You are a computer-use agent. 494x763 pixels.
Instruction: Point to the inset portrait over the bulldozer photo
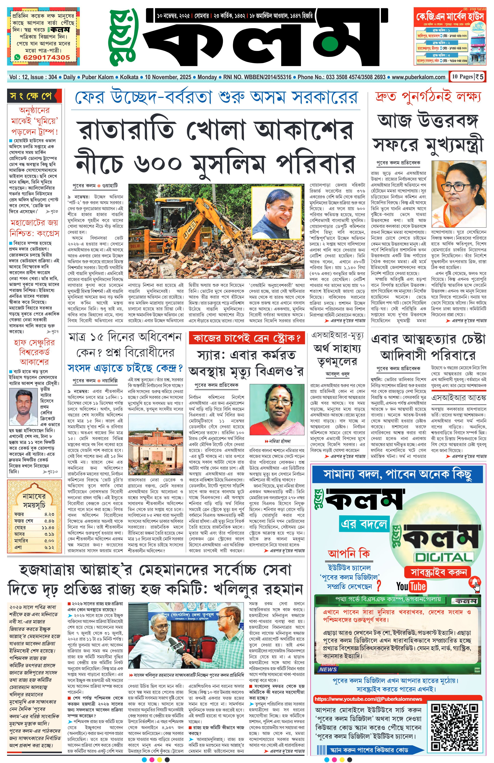(x=276, y=212)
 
